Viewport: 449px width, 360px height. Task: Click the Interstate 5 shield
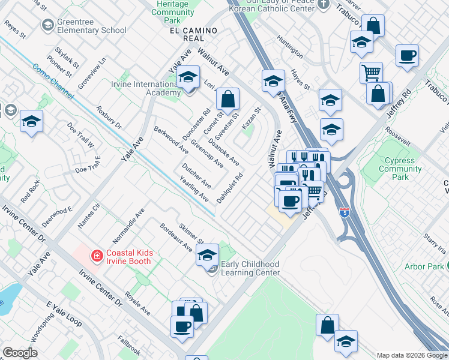[x=344, y=212]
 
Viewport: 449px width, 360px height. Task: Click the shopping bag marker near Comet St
[x=228, y=99]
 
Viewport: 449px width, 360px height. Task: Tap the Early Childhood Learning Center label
[x=250, y=268]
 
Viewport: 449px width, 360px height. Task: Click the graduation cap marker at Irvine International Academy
[x=188, y=78]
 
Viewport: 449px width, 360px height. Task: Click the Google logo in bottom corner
[x=20, y=353]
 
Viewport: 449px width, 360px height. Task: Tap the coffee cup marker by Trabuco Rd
[x=407, y=56]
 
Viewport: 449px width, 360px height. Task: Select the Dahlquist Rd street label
[x=229, y=188]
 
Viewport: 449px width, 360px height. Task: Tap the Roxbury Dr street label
[x=109, y=118]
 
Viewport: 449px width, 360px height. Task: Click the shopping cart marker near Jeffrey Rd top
[x=371, y=73]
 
